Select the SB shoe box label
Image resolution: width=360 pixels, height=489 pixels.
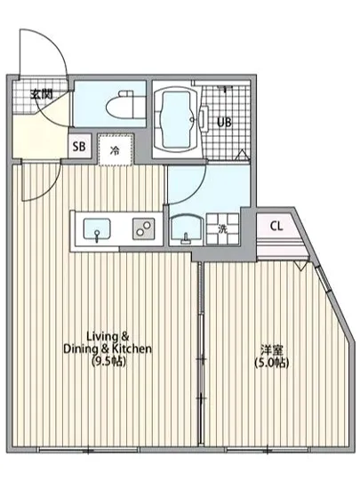tap(79, 147)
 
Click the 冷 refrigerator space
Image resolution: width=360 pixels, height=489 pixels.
tap(115, 150)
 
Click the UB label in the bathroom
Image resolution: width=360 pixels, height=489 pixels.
tap(226, 123)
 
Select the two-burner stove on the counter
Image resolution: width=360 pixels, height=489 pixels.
tap(142, 228)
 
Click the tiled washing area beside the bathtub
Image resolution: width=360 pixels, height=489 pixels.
tap(227, 142)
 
